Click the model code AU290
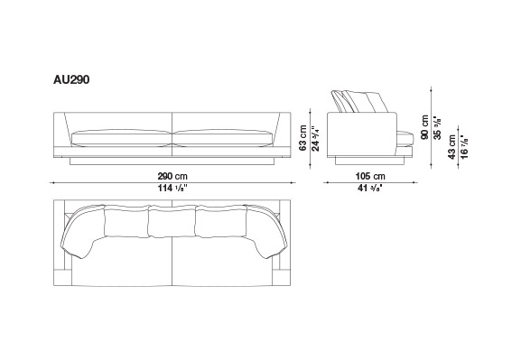click(71, 80)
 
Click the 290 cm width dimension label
click(172, 176)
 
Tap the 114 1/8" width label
click(172, 188)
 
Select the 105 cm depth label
click(370, 176)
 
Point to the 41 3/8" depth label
click(370, 188)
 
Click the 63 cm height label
click(302, 138)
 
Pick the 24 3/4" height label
click(315, 138)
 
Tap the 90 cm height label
click(424, 127)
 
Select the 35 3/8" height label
click(438, 127)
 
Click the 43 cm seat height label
click(451, 147)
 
